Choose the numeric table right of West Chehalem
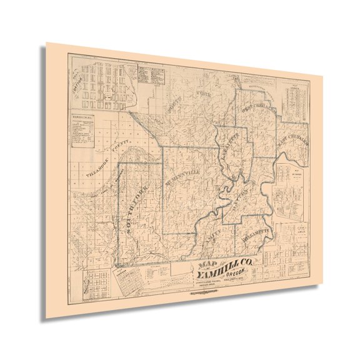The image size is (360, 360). point(292,100)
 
